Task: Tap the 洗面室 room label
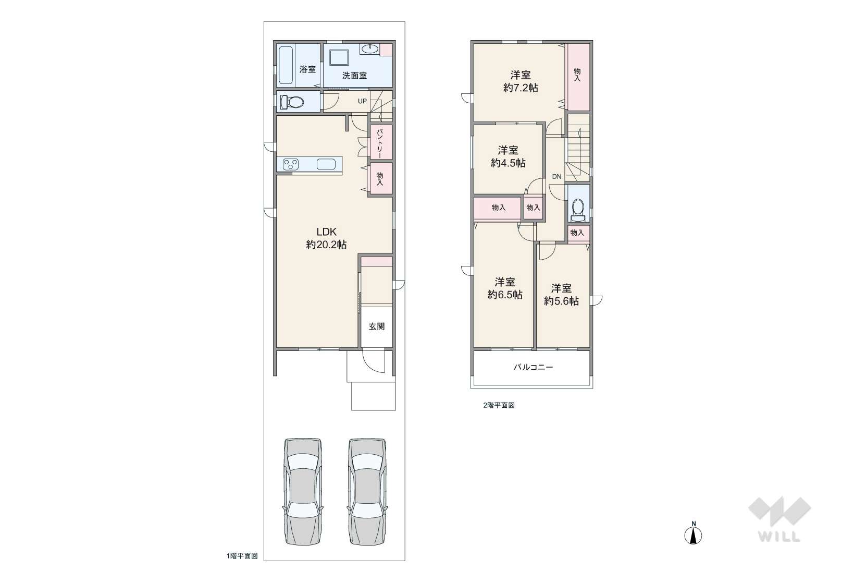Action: (x=354, y=76)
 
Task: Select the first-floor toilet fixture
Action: (x=292, y=102)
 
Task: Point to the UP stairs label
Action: (x=362, y=101)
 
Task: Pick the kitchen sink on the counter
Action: (x=326, y=164)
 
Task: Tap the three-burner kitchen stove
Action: (x=291, y=164)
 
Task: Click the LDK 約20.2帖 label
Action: (x=326, y=238)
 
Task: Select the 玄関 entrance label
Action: (x=377, y=326)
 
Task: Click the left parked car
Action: (x=303, y=491)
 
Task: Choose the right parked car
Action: (x=367, y=491)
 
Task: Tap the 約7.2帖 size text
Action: (x=521, y=88)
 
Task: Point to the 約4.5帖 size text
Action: (x=508, y=163)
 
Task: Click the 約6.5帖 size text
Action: (x=505, y=295)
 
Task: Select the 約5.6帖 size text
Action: (x=561, y=301)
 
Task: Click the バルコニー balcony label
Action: (x=534, y=367)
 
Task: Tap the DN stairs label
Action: (x=557, y=177)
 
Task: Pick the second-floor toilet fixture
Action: (x=578, y=210)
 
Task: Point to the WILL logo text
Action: (x=779, y=537)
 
